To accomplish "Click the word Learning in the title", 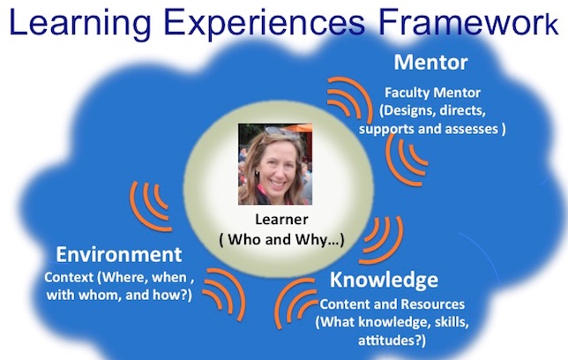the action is tap(80, 23).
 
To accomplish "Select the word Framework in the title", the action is tap(468, 22).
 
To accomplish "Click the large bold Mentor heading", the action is tap(430, 63).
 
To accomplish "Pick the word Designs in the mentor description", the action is tap(405, 110).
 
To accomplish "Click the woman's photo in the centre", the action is tap(275, 164).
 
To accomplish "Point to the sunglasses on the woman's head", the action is tap(282, 132).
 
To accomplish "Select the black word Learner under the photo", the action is tap(282, 220).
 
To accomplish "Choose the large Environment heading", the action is tap(119, 254).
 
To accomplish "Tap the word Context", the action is tap(69, 277).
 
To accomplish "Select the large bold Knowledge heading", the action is tap(384, 281).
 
